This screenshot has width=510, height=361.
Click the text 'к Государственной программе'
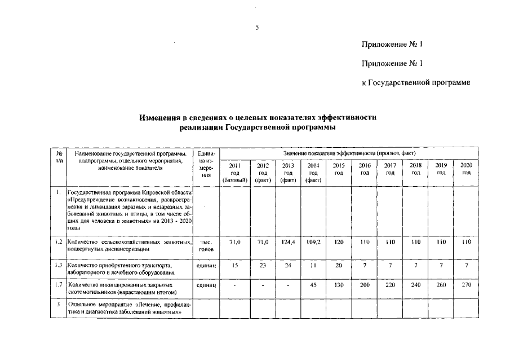coord(415,83)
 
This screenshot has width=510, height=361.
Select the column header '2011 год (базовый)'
coord(235,172)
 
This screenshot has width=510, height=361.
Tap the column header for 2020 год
coord(466,168)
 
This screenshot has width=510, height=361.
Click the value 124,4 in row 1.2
coord(288,242)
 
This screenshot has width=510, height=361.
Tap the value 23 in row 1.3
coord(263,265)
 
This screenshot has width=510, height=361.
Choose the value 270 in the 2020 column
coord(466,285)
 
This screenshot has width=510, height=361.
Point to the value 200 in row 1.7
coord(365,285)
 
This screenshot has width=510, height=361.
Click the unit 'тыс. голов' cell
coord(205,245)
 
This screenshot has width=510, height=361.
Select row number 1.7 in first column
coord(59,285)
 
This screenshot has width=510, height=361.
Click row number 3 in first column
coord(59,304)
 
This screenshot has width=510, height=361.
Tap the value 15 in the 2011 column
coord(235,265)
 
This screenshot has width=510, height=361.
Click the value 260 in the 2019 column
coord(441,285)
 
